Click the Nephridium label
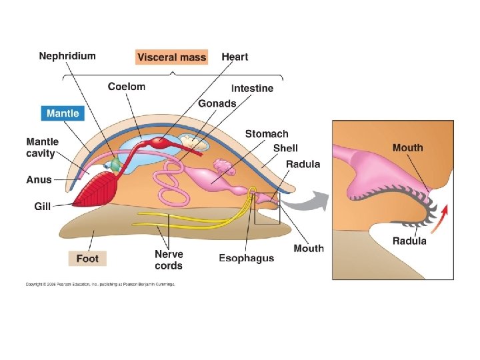[x=67, y=56]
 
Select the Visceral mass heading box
[x=172, y=57]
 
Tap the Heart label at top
[x=235, y=57]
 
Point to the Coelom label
[x=127, y=87]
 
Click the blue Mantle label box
[x=63, y=113]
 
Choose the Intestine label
[x=252, y=88]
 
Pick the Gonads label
[x=217, y=103]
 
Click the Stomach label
[x=267, y=134]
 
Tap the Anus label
[x=39, y=179]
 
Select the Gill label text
[x=43, y=207]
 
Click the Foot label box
[x=87, y=258]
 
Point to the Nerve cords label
[x=169, y=260]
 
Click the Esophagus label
[x=246, y=258]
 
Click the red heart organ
[x=161, y=142]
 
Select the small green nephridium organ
[x=116, y=164]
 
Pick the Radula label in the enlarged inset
[x=409, y=241]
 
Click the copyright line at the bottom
[x=100, y=284]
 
